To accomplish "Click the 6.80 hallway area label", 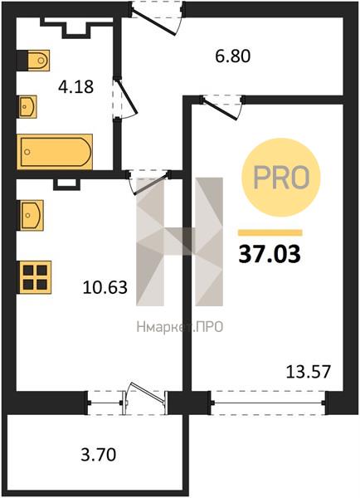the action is [233, 56].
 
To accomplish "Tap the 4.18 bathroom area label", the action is [75, 86].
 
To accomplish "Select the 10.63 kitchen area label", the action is [105, 287].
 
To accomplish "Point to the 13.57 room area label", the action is [309, 372].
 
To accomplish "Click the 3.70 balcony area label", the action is [99, 454].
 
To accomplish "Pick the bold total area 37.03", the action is [270, 255].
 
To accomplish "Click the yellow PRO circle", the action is [281, 178].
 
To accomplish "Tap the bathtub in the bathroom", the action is [55, 152].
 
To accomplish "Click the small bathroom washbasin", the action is [27, 106].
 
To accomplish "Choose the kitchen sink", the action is [32, 215].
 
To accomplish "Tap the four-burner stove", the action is [35, 277].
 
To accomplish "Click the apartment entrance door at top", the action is [157, 17].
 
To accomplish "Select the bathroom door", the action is [125, 99].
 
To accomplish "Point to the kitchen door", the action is [149, 183].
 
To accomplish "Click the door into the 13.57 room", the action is [222, 107].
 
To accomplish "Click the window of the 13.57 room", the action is [268, 403].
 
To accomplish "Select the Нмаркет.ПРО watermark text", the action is [180, 326].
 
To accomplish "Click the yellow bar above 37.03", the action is [270, 232].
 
